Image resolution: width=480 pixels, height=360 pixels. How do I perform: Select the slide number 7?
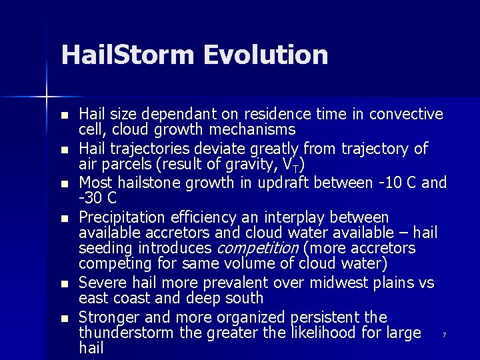(x=444, y=335)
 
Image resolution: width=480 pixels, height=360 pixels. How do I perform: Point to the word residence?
(x=282, y=114)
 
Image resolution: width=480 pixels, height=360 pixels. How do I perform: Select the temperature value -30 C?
(x=97, y=199)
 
